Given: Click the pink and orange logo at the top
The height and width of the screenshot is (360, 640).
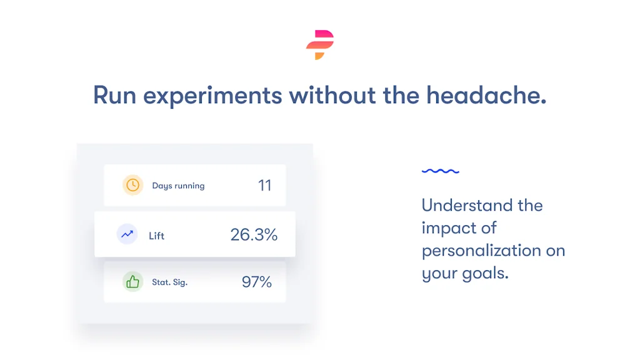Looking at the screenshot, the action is (x=320, y=45).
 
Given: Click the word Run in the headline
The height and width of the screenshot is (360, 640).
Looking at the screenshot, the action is (x=115, y=96).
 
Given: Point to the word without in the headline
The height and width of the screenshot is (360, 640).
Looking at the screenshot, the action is (x=332, y=95).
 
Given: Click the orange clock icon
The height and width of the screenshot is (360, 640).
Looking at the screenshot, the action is (x=132, y=185).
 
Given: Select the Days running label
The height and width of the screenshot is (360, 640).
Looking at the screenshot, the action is (x=178, y=186).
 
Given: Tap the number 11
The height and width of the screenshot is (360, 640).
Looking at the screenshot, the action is (x=265, y=186).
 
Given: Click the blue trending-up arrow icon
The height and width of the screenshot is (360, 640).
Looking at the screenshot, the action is (x=127, y=234).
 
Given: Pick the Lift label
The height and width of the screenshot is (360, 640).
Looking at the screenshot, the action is (x=156, y=236).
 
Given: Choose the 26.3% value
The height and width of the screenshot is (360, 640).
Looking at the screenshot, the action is (x=254, y=235).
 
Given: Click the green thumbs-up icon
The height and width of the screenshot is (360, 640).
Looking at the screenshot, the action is (x=132, y=282).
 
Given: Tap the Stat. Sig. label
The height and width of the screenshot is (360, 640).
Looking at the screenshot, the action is (x=170, y=282).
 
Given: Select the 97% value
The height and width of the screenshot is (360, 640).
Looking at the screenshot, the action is (x=257, y=282).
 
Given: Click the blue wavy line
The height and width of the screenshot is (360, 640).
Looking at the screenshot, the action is (x=441, y=171).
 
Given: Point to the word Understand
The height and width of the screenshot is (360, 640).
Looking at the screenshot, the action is (x=467, y=205).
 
